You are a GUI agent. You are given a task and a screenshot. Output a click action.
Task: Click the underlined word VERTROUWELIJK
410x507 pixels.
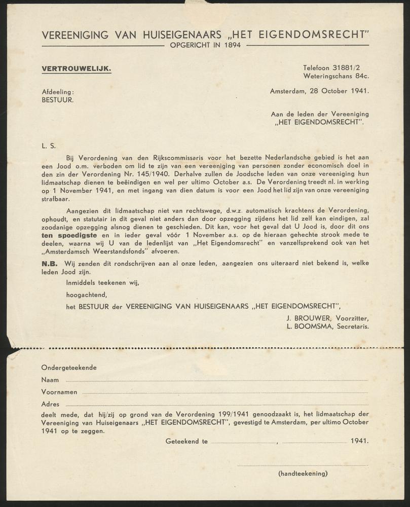(77, 68)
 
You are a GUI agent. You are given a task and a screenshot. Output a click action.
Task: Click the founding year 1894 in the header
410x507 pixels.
(231, 45)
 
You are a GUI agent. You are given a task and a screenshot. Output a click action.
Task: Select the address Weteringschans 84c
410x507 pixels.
(336, 76)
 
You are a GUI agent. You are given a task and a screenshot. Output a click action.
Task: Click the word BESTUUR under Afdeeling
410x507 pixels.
(58, 100)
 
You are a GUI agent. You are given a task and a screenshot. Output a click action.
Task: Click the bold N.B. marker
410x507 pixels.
(50, 263)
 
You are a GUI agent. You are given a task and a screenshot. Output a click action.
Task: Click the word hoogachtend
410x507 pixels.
(87, 294)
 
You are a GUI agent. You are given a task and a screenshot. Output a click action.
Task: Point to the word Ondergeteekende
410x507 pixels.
(69, 368)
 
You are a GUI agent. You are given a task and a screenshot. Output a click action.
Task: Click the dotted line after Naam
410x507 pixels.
(216, 380)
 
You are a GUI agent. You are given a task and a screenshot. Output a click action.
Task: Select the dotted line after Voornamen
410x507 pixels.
(225, 392)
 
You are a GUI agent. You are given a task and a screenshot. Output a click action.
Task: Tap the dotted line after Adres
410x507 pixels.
(215, 405)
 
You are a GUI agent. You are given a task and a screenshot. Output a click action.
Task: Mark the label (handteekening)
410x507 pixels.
(303, 474)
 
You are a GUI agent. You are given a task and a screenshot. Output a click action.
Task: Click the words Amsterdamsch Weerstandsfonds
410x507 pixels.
(95, 251)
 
